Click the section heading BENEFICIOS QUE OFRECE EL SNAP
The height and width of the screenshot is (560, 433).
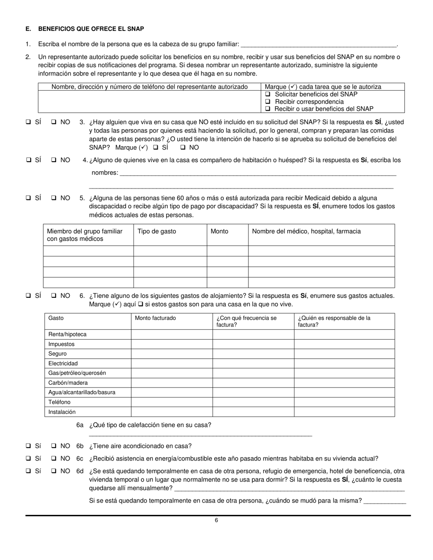click(91, 29)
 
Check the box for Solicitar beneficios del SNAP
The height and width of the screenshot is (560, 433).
click(268, 94)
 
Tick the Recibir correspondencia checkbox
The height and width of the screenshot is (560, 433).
click(268, 102)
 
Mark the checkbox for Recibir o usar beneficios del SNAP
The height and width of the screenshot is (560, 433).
click(268, 109)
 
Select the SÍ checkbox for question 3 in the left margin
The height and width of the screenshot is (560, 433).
click(28, 122)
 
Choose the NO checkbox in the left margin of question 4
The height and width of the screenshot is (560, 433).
click(54, 160)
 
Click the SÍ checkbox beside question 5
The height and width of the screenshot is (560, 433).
click(28, 198)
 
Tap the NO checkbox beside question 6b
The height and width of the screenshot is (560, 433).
click(54, 446)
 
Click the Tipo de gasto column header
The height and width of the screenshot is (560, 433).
click(157, 231)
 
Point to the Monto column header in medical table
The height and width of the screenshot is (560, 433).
click(220, 231)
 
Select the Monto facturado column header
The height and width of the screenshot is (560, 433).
click(155, 318)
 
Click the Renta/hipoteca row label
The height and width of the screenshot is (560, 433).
click(67, 334)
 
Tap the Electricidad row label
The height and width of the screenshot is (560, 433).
click(63, 363)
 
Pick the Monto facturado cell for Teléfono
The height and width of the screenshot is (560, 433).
click(172, 402)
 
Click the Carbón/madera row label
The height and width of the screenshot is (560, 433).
click(68, 383)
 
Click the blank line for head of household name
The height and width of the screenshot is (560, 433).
click(318, 45)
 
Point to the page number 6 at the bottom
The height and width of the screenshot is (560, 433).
click(216, 520)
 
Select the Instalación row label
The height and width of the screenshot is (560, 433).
click(62, 412)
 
